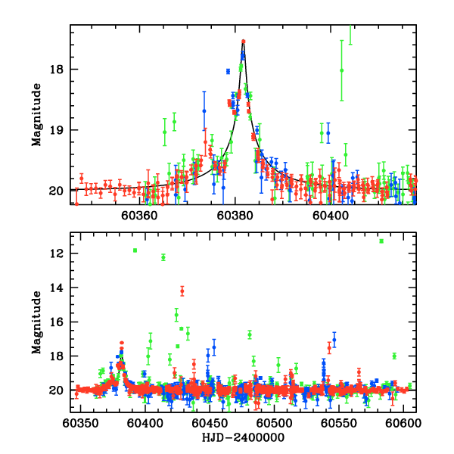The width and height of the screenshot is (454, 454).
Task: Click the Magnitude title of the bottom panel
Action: [x=36, y=323]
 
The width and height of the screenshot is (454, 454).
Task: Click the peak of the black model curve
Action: [x=243, y=41]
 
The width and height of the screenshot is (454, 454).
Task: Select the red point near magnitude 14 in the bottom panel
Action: [x=182, y=291]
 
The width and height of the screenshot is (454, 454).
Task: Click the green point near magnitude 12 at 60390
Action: [x=135, y=250]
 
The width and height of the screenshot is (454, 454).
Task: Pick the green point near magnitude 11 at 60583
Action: [x=381, y=241]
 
